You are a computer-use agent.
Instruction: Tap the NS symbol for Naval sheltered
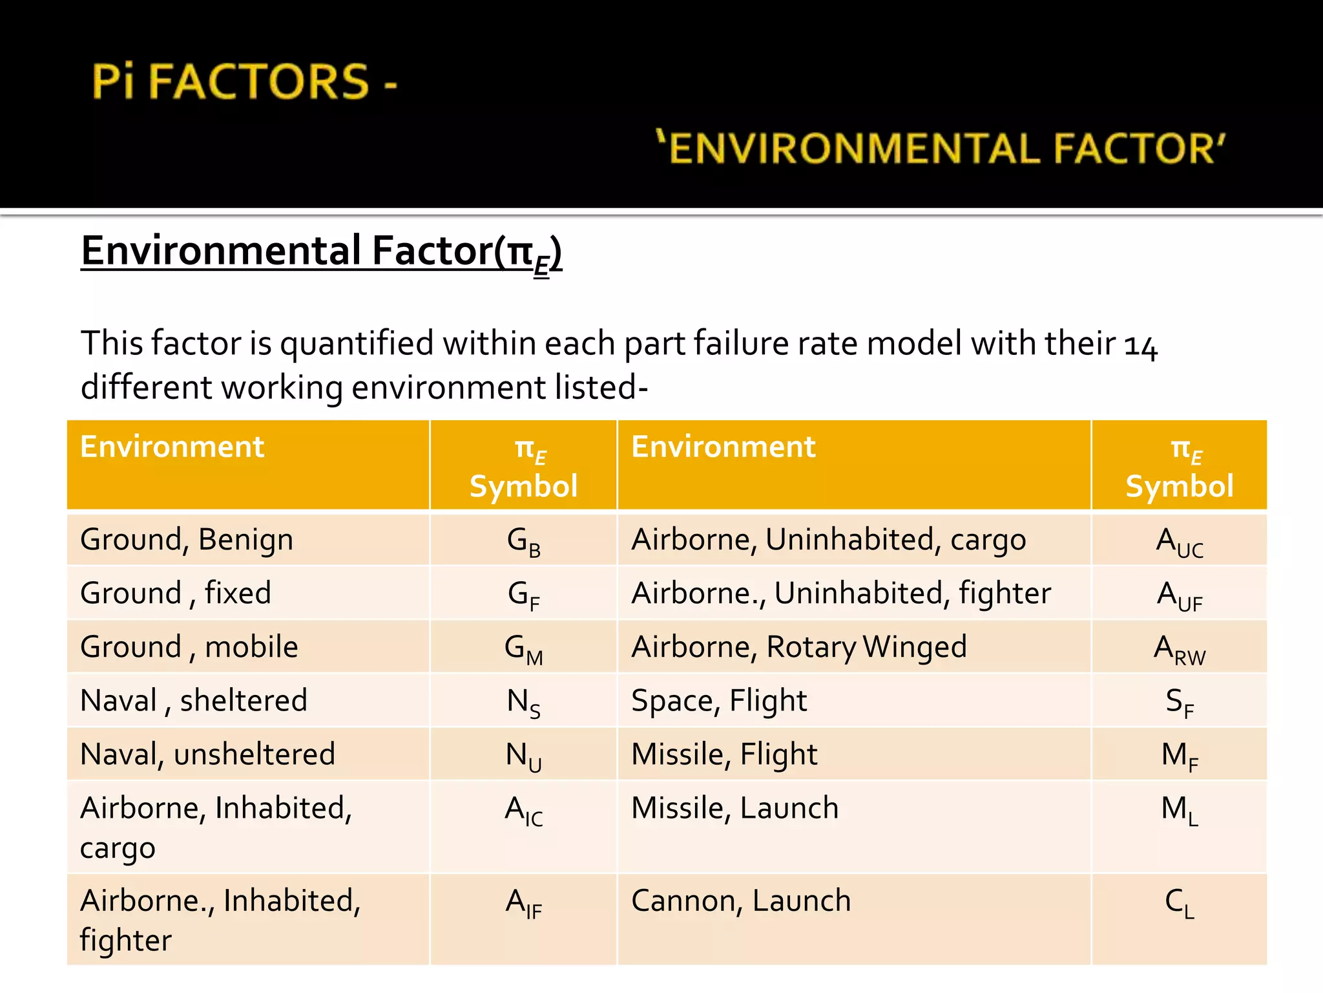click(x=523, y=701)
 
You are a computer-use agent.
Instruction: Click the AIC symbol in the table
click(x=523, y=810)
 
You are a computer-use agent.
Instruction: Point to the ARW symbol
click(x=1179, y=648)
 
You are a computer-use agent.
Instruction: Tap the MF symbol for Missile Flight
click(x=1179, y=755)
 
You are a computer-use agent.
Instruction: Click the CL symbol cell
click(x=1179, y=902)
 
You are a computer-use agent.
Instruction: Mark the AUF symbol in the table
click(x=1179, y=595)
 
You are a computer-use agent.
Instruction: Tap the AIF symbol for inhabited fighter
click(x=523, y=902)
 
